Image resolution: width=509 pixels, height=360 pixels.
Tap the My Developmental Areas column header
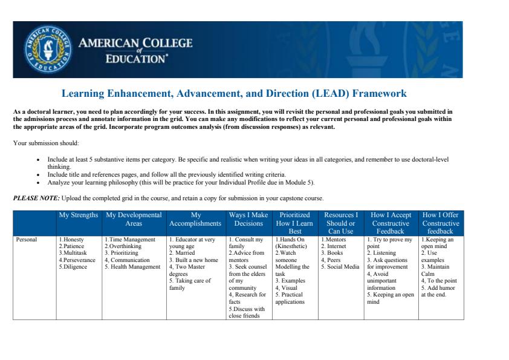tap(133, 219)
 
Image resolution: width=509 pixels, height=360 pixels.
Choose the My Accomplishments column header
tap(195, 219)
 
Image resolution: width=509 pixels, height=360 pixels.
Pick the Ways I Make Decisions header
tap(248, 219)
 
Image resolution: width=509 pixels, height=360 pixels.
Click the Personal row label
tap(26, 240)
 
